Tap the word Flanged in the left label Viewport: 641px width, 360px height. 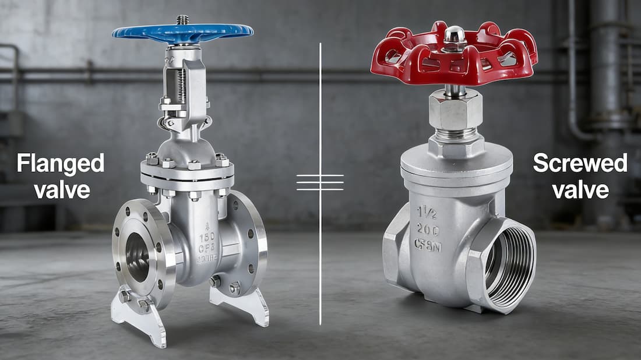[60, 164]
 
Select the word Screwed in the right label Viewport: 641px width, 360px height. [580, 164]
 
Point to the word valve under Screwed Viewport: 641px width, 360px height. [580, 189]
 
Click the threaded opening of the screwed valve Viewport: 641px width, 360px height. [509, 260]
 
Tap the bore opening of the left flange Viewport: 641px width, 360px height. [137, 257]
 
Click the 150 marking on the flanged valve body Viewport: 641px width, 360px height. [207, 238]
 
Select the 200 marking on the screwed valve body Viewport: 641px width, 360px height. [427, 229]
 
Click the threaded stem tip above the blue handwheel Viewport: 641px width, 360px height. [182, 19]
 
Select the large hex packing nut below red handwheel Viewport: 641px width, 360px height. [456, 110]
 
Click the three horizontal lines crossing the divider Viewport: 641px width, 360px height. [320, 182]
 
